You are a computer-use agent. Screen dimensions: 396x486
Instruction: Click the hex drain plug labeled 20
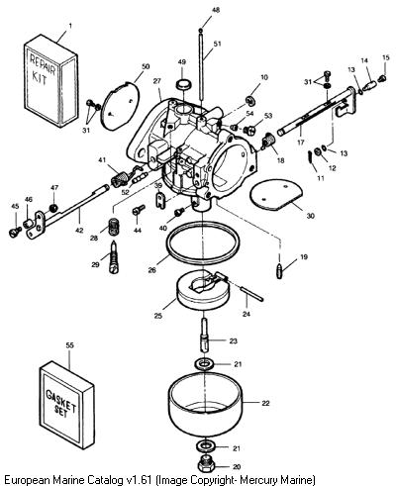205,465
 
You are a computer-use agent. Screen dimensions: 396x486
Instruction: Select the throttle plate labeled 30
276,195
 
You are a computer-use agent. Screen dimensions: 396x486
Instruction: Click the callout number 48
216,10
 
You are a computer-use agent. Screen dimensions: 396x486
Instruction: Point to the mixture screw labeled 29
113,256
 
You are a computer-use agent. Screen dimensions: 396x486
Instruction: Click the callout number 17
300,143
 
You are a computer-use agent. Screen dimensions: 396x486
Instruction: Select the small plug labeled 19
280,270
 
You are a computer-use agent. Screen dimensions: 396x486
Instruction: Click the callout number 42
79,231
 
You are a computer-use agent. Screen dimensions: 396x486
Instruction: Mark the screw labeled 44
139,210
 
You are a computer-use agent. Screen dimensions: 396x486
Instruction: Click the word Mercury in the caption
267,479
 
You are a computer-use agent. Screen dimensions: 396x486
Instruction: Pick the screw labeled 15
382,78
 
